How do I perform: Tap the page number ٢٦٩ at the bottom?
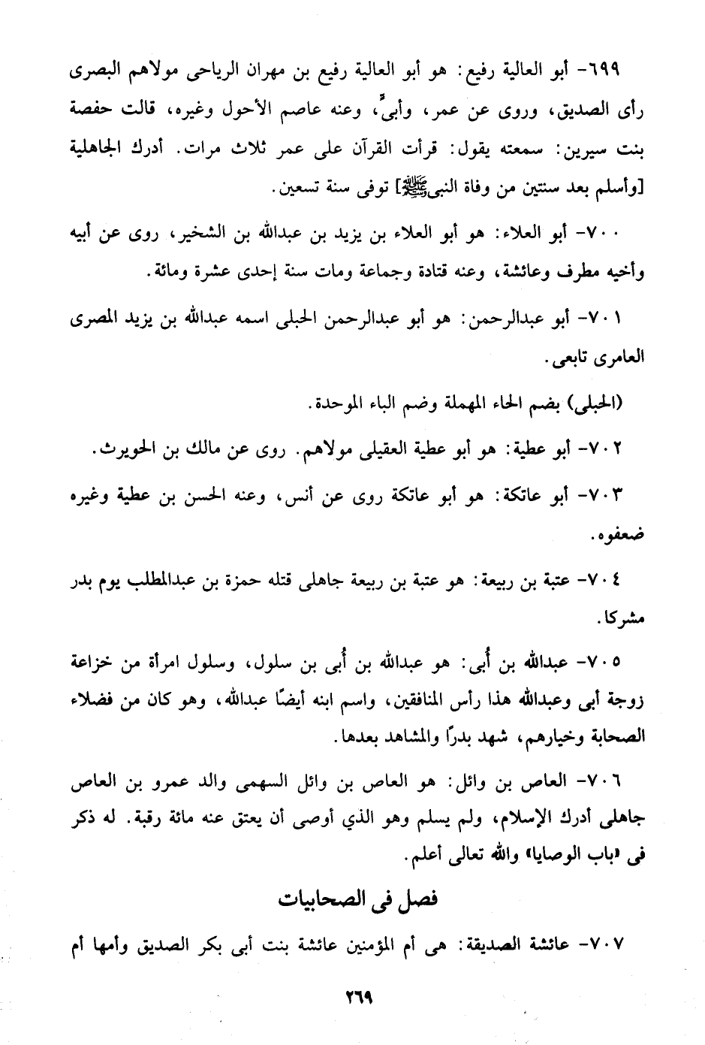coord(360,999)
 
